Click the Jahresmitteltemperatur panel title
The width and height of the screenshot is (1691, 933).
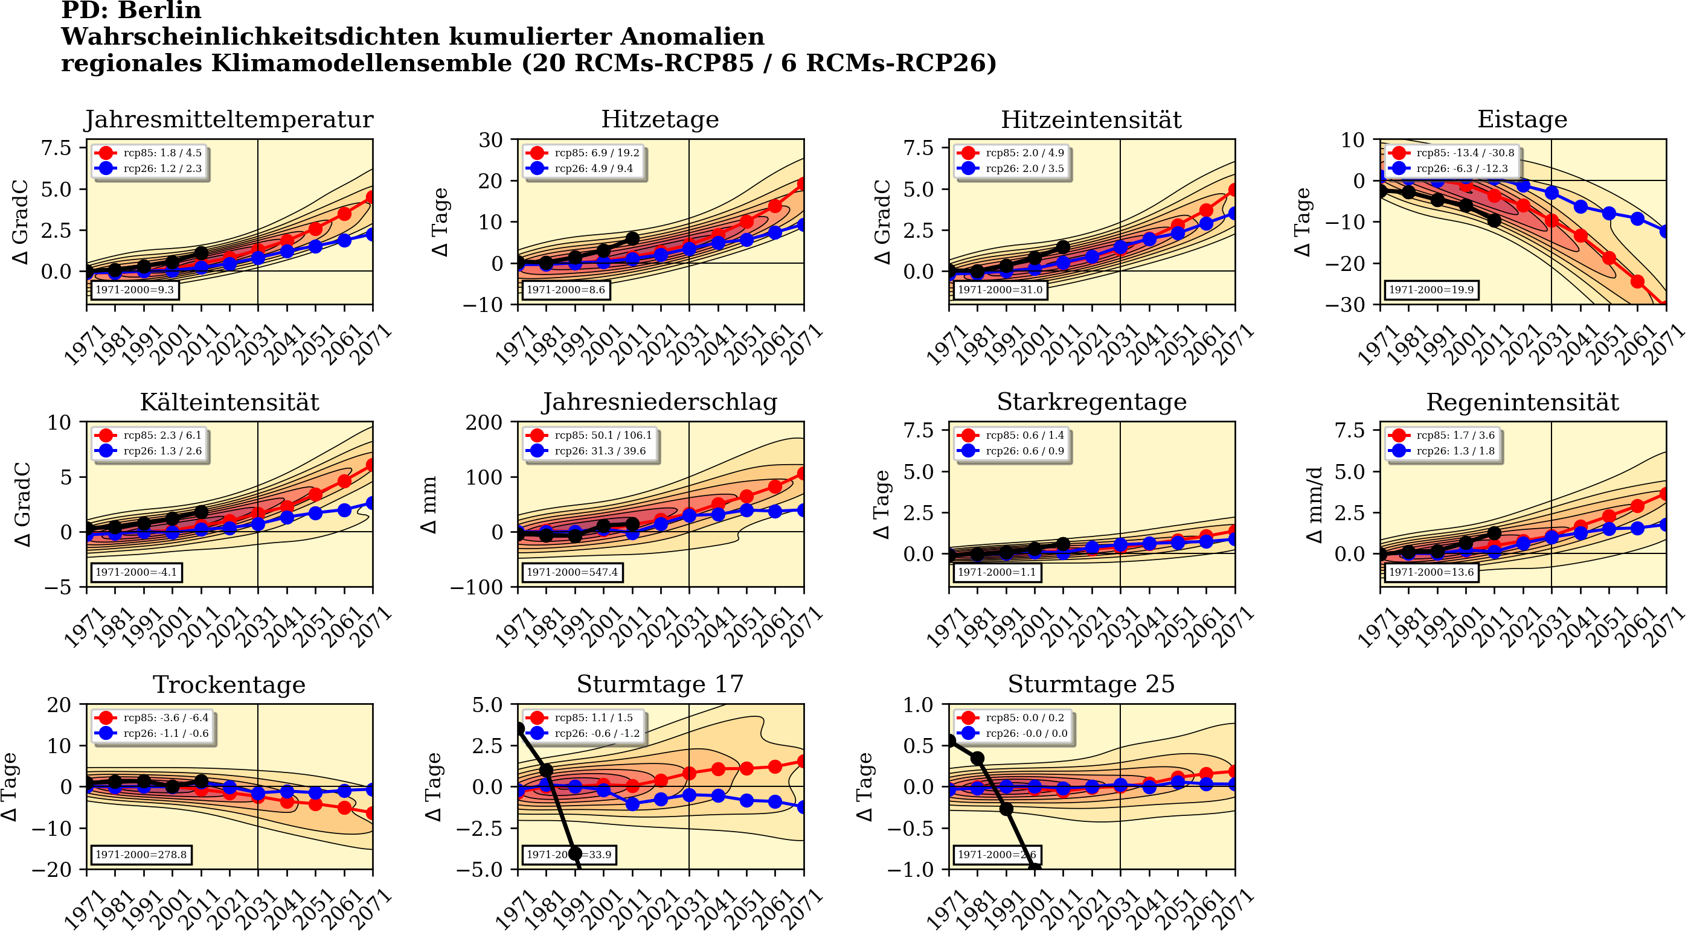point(228,120)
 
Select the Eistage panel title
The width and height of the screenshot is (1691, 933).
point(1522,120)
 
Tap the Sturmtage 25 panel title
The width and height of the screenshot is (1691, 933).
point(1091,684)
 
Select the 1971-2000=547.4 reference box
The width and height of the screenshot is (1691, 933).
point(572,572)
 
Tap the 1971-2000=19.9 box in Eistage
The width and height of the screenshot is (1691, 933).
point(1431,289)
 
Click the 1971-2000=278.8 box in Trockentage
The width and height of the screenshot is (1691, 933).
point(141,855)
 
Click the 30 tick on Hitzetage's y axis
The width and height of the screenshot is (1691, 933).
point(491,140)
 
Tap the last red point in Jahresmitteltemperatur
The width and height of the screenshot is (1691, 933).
point(371,197)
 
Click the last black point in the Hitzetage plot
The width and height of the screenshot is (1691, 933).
point(632,239)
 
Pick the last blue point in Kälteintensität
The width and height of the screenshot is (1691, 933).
point(371,503)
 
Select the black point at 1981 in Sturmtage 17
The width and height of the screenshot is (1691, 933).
point(546,770)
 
